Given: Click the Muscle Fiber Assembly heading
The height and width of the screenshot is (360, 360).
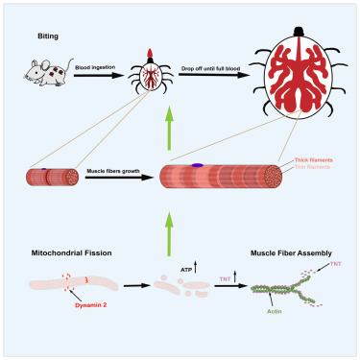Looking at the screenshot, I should tap(293, 254).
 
